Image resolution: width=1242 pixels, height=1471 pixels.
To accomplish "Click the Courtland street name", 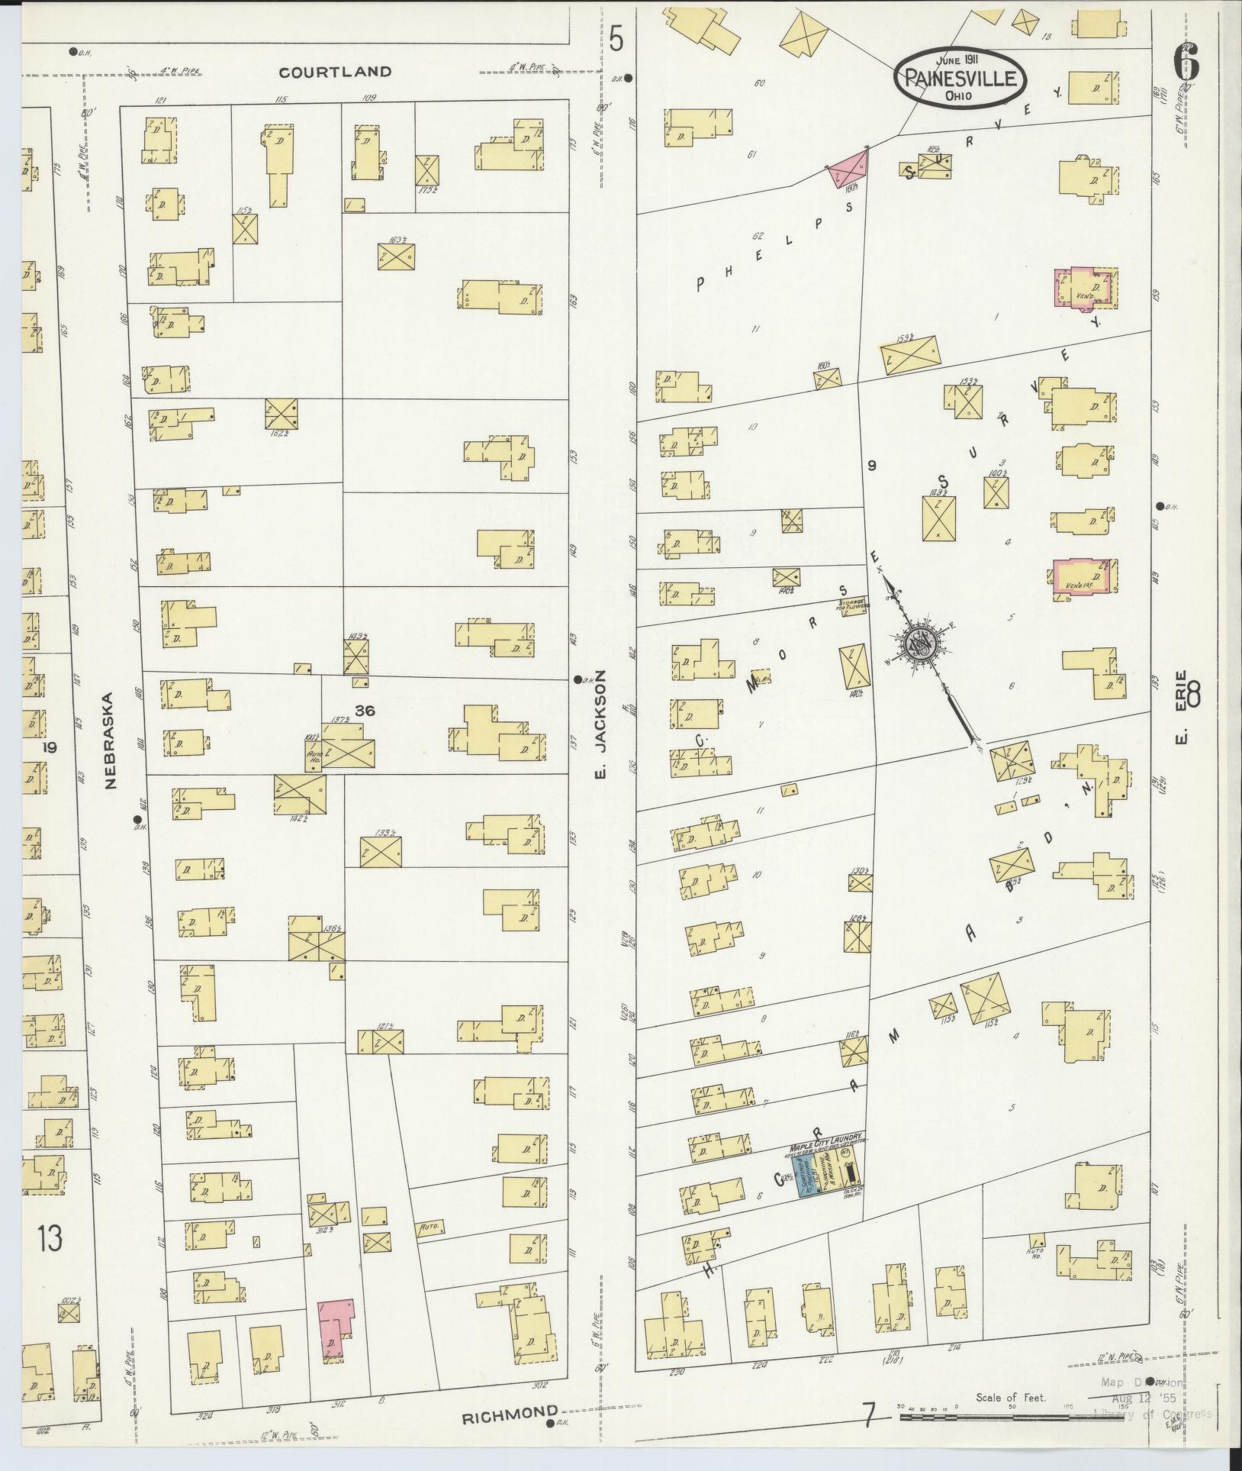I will click(x=335, y=72).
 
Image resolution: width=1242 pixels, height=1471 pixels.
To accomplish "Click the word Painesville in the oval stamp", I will click(x=960, y=77).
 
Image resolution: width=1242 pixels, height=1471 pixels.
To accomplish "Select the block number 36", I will click(x=365, y=711).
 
